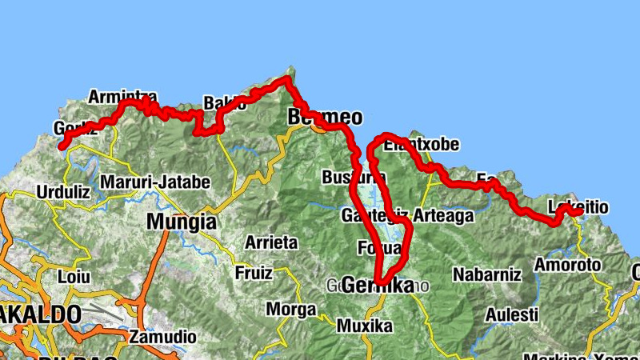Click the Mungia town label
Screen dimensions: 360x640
click(x=181, y=222)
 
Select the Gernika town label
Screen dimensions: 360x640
click(x=378, y=285)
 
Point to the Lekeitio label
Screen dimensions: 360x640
click(x=578, y=208)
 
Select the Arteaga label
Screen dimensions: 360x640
click(x=444, y=216)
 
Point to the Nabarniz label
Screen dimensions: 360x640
click(x=487, y=275)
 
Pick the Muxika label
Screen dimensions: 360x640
click(x=365, y=326)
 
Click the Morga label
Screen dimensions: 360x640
click(x=290, y=309)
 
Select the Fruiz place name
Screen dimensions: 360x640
click(x=254, y=273)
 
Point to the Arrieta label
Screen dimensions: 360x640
click(x=271, y=242)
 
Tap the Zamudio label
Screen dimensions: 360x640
click(x=161, y=337)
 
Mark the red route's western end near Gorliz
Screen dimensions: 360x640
click(x=62, y=146)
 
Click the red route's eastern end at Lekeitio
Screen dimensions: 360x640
click(x=579, y=212)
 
